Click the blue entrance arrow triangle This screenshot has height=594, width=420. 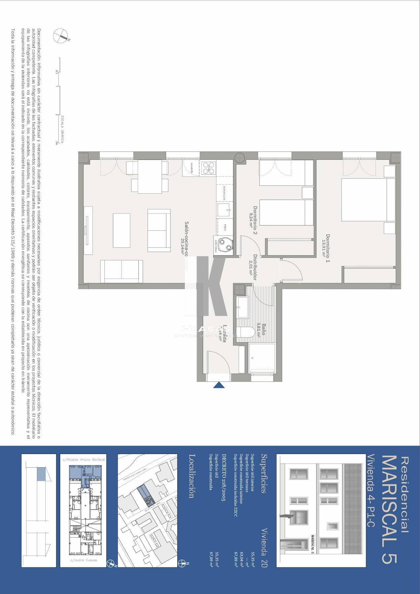click(219, 385)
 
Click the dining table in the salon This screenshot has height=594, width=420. click(150, 177)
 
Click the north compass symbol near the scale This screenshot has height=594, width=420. click(61, 35)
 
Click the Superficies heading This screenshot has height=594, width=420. click(263, 474)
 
